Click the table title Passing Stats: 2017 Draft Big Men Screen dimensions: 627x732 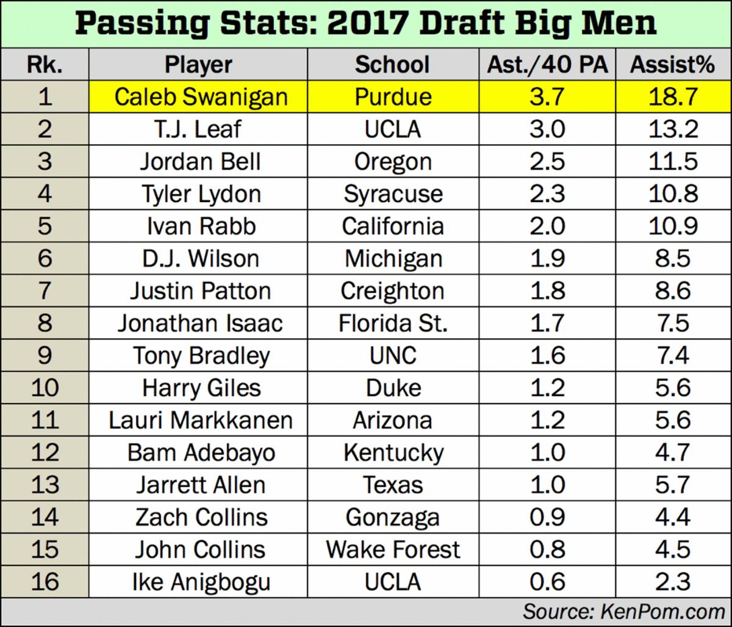pos(365,24)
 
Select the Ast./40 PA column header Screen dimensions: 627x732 pos(547,65)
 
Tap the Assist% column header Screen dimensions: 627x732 pos(672,65)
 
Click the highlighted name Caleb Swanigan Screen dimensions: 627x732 pos(201,97)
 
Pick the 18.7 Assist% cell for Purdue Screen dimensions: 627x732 pos(672,97)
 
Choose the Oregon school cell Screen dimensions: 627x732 pos(393,162)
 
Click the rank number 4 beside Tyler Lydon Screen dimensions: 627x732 pos(45,194)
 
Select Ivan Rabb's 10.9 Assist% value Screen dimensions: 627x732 pos(672,227)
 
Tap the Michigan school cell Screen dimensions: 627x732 pos(393,259)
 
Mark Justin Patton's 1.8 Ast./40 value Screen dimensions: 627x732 pos(547,291)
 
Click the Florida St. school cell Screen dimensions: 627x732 pos(393,324)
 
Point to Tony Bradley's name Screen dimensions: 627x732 pos(201,356)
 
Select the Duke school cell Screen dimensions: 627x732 pos(393,388)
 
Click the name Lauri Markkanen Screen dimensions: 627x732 pos(201,421)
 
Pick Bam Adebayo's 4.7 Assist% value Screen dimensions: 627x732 pos(672,453)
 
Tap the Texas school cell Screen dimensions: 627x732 pos(393,485)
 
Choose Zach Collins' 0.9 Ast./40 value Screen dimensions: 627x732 pos(547,518)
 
